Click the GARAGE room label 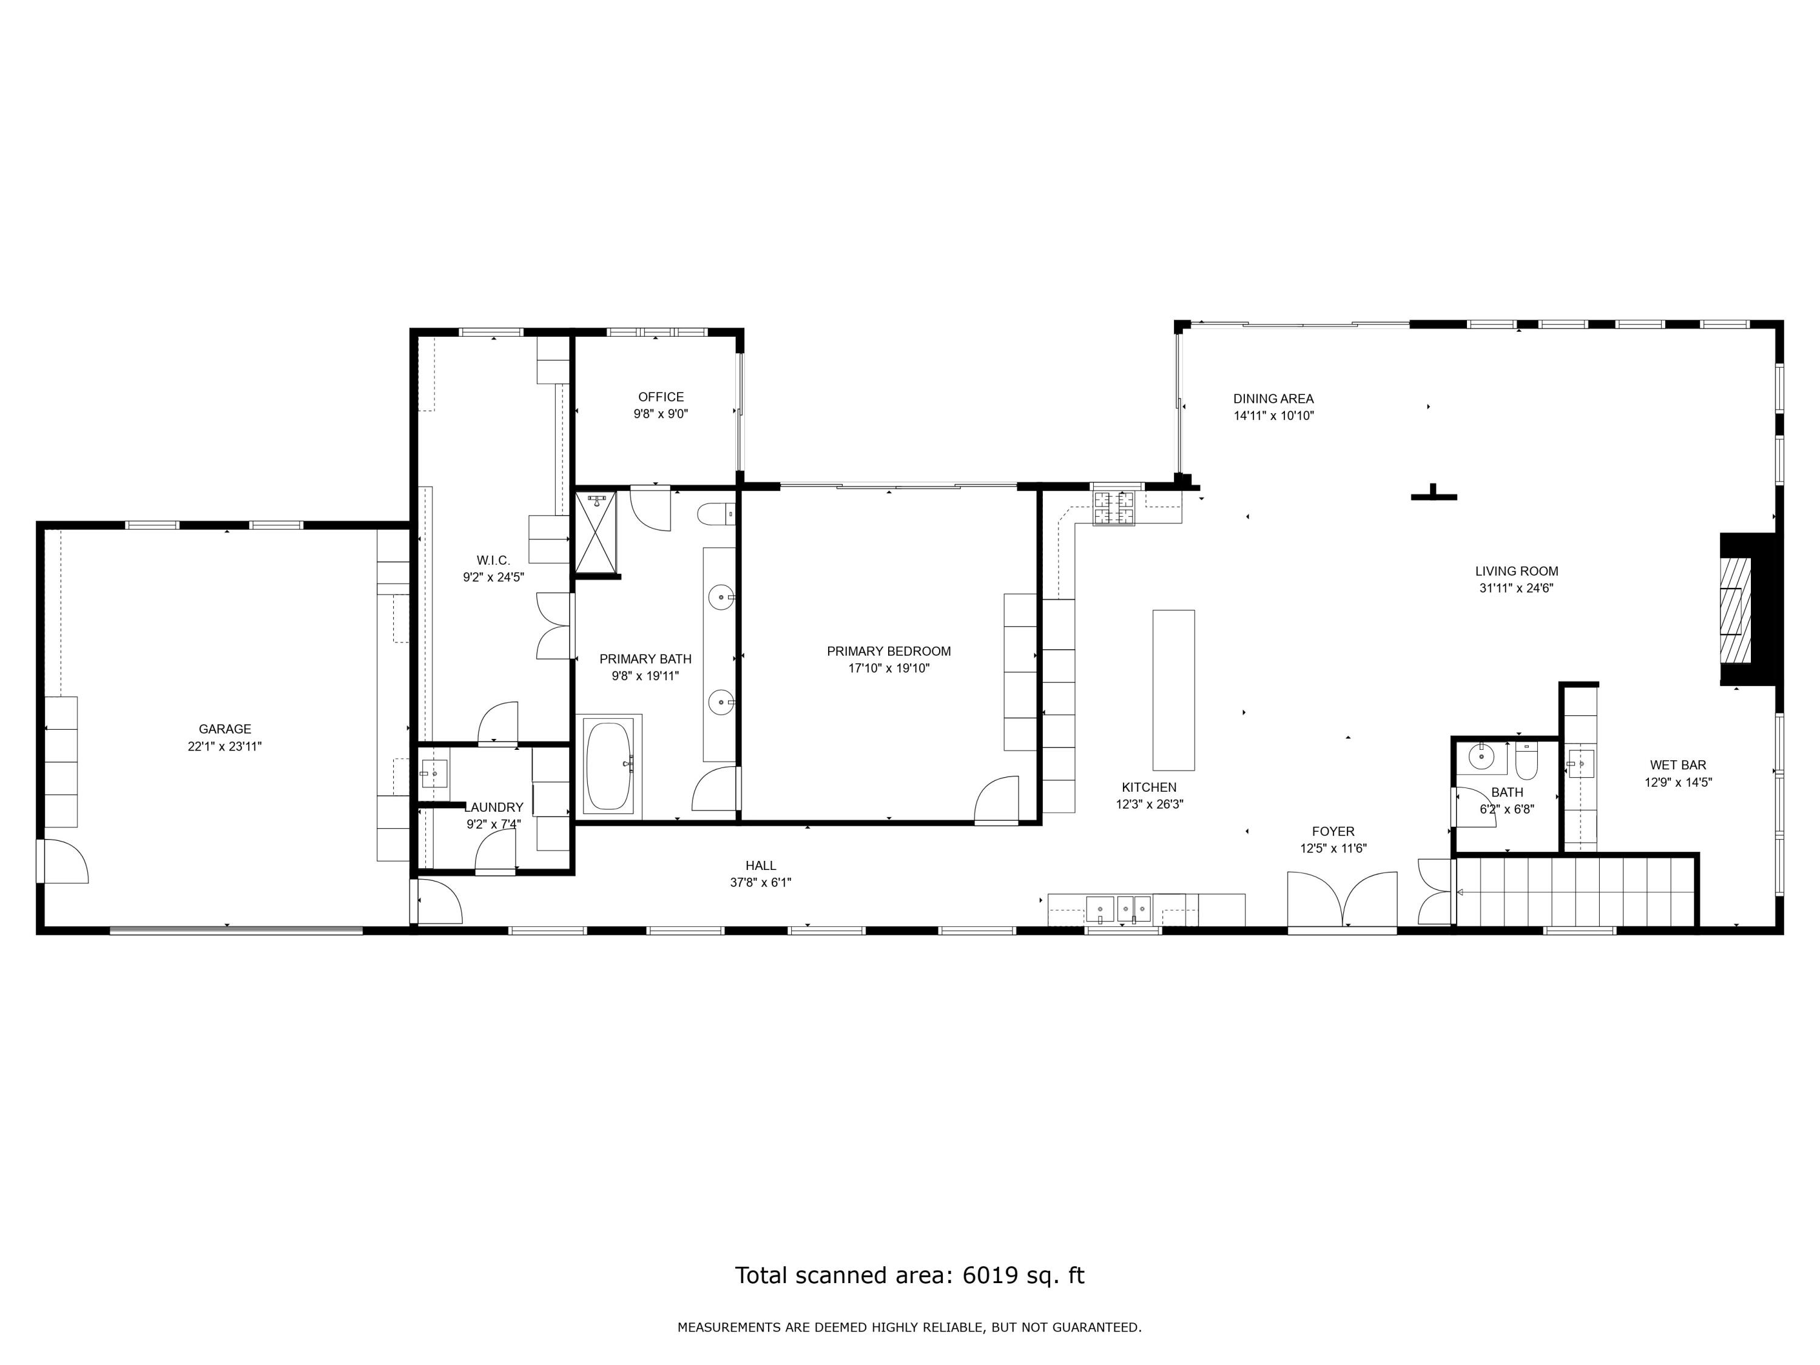224,729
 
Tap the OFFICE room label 661,397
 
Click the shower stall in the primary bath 596,531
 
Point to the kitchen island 1173,690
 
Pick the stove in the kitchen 1114,508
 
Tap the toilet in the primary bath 716,515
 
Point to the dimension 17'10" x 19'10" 889,668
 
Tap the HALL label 761,866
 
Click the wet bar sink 1580,764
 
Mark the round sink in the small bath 1481,755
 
